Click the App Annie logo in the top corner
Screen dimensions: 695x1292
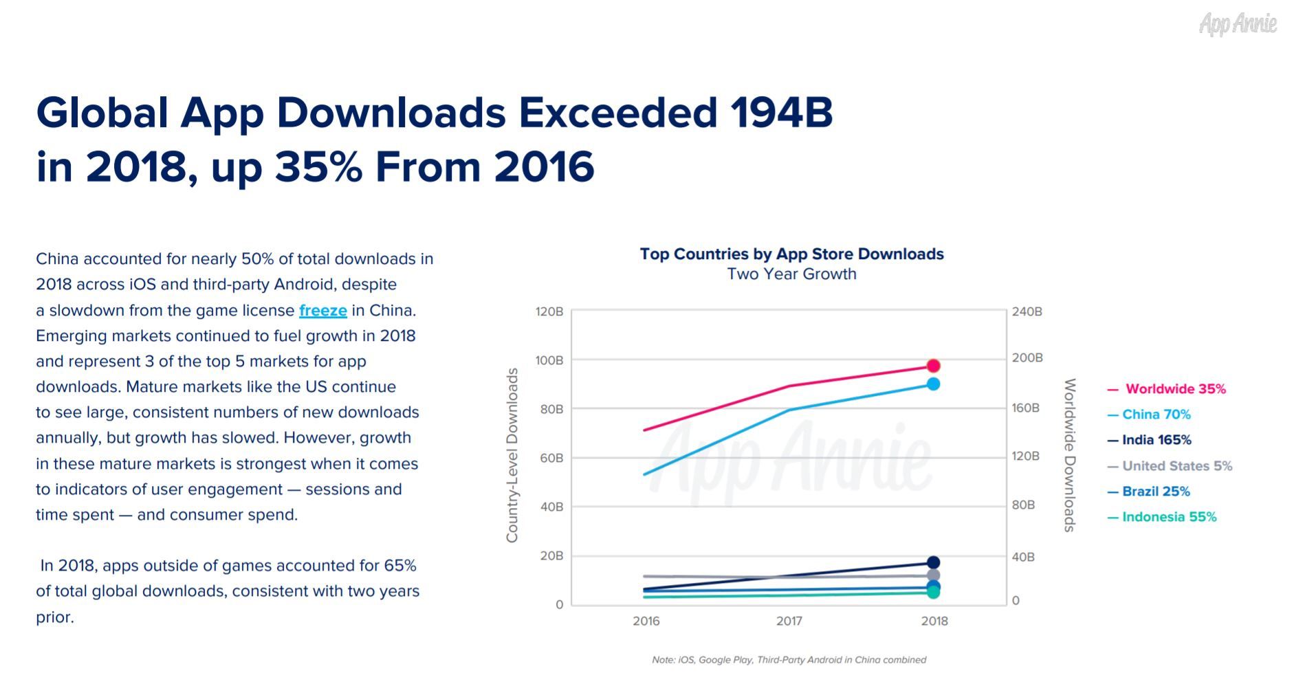[x=1237, y=24]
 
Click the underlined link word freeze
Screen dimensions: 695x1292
[x=322, y=311]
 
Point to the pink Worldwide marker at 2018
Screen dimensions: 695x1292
[x=933, y=366]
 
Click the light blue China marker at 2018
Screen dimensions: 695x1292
[x=933, y=384]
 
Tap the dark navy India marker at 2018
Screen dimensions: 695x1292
[x=933, y=563]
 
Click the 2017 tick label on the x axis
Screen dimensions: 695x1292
[x=789, y=621]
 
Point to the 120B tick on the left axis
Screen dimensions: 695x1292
[x=549, y=312]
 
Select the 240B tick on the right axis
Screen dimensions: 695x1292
[x=1027, y=312]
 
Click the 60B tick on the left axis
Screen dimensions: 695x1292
[x=551, y=458]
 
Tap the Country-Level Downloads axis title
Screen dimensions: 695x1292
[x=512, y=455]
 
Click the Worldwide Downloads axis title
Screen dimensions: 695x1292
[x=1069, y=455]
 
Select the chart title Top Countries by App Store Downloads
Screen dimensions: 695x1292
[x=791, y=254]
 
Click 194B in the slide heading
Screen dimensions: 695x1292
[x=781, y=113]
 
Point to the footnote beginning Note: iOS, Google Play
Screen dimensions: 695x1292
[x=789, y=660]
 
